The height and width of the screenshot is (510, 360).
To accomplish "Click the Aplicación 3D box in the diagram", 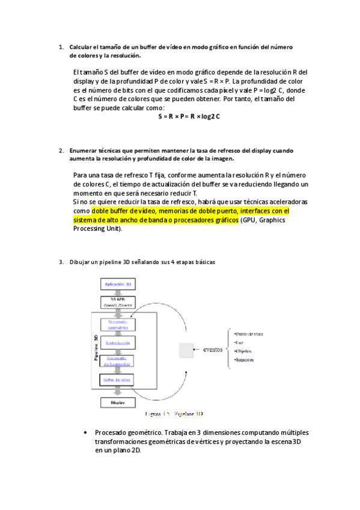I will pos(118,284).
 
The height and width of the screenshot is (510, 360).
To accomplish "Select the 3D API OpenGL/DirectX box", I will pos(118,301).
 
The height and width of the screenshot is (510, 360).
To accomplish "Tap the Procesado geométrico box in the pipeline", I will pos(118,324).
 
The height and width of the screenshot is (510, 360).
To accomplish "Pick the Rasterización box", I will pos(118,343).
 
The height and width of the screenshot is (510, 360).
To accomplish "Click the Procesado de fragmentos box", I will pos(118,361).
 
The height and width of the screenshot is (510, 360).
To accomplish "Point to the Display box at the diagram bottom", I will pos(118,403).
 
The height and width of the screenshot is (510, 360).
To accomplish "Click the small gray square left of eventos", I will pos(185,349).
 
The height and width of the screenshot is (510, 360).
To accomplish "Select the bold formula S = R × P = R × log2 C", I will pos(189,115).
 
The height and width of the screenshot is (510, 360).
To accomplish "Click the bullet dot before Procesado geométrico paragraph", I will pos(88,432).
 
